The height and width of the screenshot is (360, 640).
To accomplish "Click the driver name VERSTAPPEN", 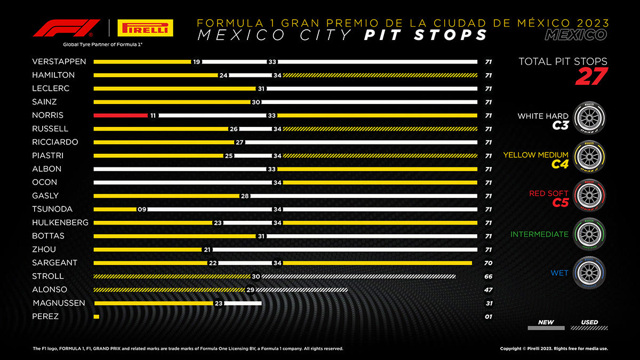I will tap(59, 62).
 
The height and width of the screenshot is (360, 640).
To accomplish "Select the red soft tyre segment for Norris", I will tap(120, 115).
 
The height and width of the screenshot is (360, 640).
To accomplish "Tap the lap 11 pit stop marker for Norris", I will tap(153, 115).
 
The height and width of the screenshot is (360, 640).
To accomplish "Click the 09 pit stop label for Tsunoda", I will tap(142, 209).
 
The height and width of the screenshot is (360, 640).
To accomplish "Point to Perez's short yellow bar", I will tap(96, 316).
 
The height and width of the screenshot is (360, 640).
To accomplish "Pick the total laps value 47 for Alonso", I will tap(488, 290).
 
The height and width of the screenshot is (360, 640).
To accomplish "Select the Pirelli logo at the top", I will tap(145, 28).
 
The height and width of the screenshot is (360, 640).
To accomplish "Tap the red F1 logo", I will tap(67, 28).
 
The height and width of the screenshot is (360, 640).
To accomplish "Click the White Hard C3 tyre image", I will tap(589, 118).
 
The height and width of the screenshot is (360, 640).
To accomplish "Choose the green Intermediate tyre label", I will tap(539, 234).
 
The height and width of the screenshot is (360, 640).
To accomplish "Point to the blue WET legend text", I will tap(559, 273).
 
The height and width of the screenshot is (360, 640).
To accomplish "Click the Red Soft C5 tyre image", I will tap(589, 196).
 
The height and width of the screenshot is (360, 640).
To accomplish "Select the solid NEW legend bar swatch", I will tap(546, 327).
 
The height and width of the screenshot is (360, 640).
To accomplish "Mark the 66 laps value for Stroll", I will tap(488, 276).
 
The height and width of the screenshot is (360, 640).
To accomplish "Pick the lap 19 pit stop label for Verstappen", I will tap(196, 62).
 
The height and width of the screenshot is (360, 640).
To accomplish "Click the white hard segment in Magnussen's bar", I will tap(244, 303).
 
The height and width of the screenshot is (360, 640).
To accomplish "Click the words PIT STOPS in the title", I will tap(426, 35).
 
